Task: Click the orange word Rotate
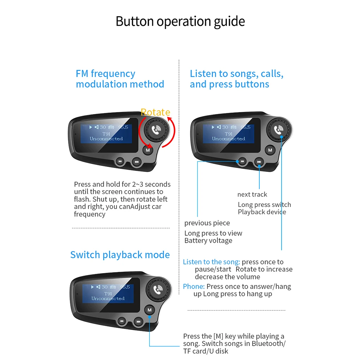[x=155, y=112]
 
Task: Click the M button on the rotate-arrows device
[x=148, y=150]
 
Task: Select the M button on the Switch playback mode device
[x=149, y=310]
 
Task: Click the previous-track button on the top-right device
[x=242, y=161]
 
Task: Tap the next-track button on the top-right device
[x=259, y=162]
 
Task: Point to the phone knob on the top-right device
[x=278, y=130]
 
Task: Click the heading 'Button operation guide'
[x=180, y=21]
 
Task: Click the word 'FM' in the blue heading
[x=82, y=74]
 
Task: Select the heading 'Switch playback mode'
[x=120, y=255]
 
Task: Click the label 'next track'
[x=252, y=194]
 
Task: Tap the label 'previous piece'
[x=207, y=223]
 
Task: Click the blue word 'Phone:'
[x=194, y=286]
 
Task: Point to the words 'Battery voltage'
[x=208, y=241]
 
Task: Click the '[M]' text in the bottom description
[x=218, y=336]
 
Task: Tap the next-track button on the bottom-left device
[x=138, y=322]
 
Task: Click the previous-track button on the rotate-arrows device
[x=120, y=161]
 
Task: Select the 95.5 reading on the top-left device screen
[x=123, y=127]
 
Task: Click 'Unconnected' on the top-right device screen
[x=228, y=139]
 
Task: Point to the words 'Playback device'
[x=262, y=212]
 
